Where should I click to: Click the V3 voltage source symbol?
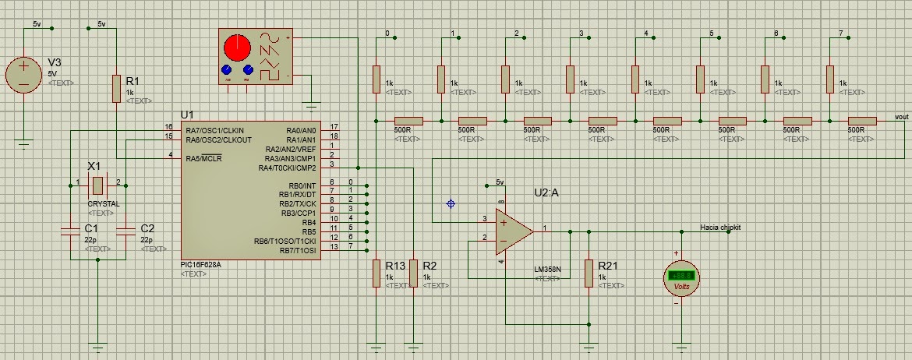(x=24, y=74)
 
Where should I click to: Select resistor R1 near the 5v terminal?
(x=116, y=88)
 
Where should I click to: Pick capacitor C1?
(x=69, y=230)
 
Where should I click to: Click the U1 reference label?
(x=188, y=115)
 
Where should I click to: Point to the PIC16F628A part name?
(x=201, y=265)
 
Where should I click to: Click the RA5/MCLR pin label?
(x=204, y=158)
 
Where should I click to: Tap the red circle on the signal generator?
(x=236, y=48)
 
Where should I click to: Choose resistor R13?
(x=376, y=274)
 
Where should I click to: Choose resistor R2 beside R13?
(x=414, y=274)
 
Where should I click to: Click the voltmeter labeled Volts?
(x=680, y=278)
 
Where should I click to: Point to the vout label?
(x=902, y=116)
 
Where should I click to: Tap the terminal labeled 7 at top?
(x=840, y=34)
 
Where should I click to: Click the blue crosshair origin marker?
(x=451, y=203)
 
